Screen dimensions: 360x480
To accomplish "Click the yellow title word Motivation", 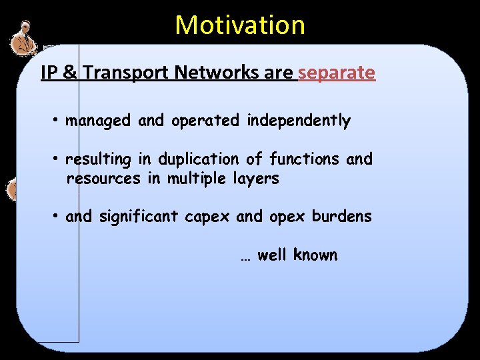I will coord(240,25).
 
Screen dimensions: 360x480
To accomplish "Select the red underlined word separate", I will coord(337,73).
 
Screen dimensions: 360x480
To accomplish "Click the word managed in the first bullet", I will coord(98,121).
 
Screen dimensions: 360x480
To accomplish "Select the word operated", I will coord(205,121).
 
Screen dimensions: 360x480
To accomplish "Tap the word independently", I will coord(298,121).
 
